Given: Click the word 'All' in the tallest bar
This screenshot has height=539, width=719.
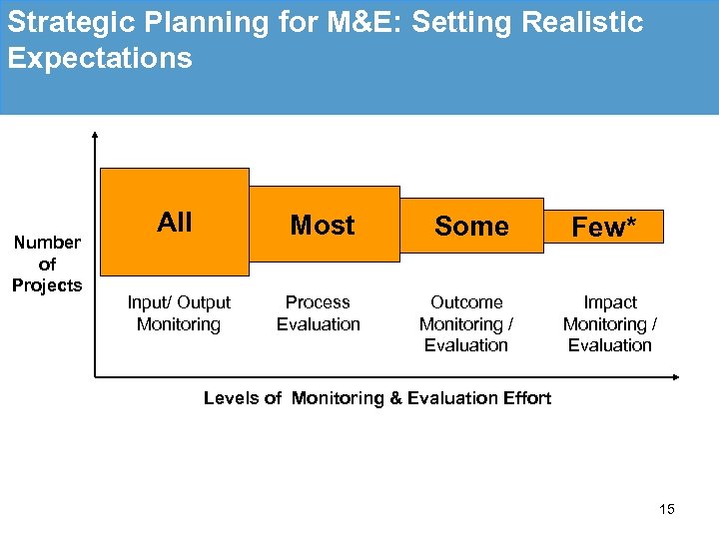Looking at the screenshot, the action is [x=175, y=223].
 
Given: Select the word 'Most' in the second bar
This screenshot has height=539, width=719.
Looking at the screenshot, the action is [x=323, y=226].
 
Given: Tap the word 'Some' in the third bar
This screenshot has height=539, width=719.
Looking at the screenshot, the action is [x=471, y=227].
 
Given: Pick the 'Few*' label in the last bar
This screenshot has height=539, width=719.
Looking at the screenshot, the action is [x=604, y=228].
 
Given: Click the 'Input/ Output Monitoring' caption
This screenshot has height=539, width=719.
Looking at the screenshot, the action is [x=179, y=313].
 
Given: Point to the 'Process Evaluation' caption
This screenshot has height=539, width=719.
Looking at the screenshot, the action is [x=319, y=313].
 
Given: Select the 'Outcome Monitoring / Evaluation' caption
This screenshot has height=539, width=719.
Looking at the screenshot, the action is [x=466, y=323].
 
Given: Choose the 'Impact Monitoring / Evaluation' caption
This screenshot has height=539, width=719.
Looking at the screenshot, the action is [x=610, y=323].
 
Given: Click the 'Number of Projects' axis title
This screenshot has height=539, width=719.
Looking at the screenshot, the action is [x=47, y=264].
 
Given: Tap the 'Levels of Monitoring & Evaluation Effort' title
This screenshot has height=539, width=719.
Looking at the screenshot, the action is [x=376, y=398].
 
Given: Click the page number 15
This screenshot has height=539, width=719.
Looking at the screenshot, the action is [x=667, y=509].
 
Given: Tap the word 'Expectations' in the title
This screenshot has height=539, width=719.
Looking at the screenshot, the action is [x=99, y=58].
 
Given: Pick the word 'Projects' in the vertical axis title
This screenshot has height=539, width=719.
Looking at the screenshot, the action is [x=47, y=285].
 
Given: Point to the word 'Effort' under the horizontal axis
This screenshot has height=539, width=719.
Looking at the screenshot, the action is [x=525, y=398].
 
